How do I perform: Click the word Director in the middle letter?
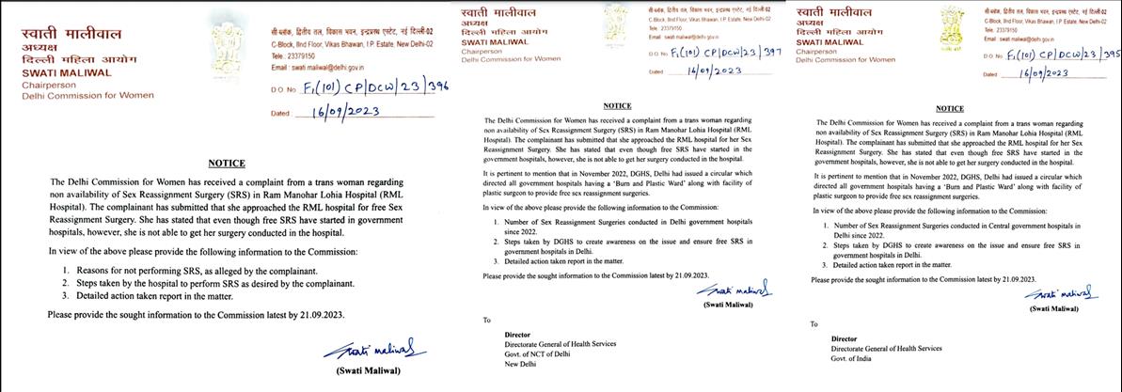coord(518,334)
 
